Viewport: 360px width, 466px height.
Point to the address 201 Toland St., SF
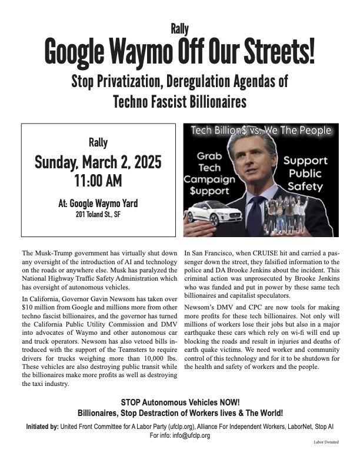point(98,214)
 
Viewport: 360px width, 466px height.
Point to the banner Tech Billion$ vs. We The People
point(261,130)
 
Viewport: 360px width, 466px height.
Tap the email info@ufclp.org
point(185,436)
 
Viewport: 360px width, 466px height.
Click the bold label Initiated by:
point(47,426)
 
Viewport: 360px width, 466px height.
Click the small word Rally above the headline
point(179,28)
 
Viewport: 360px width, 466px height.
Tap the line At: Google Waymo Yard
point(98,204)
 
